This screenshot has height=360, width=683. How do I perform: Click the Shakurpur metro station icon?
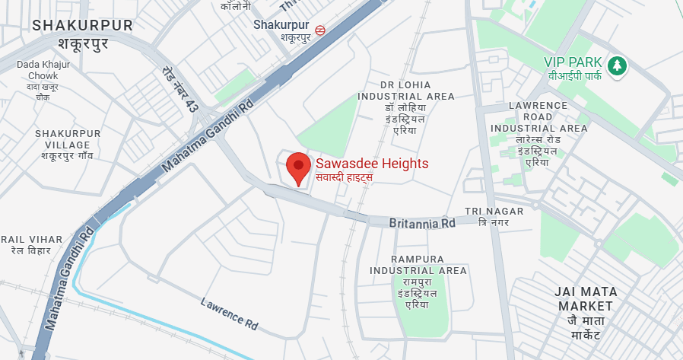321,31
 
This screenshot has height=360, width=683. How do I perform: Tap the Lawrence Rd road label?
230,312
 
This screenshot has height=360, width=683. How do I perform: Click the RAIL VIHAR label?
31,239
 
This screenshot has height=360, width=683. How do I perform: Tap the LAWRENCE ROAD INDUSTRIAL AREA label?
538,116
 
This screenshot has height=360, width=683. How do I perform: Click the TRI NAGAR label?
494,211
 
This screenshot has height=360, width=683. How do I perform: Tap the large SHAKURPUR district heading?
82,26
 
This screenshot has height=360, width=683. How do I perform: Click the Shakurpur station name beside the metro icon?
281,24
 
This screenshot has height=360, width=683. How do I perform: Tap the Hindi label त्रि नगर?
493,222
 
